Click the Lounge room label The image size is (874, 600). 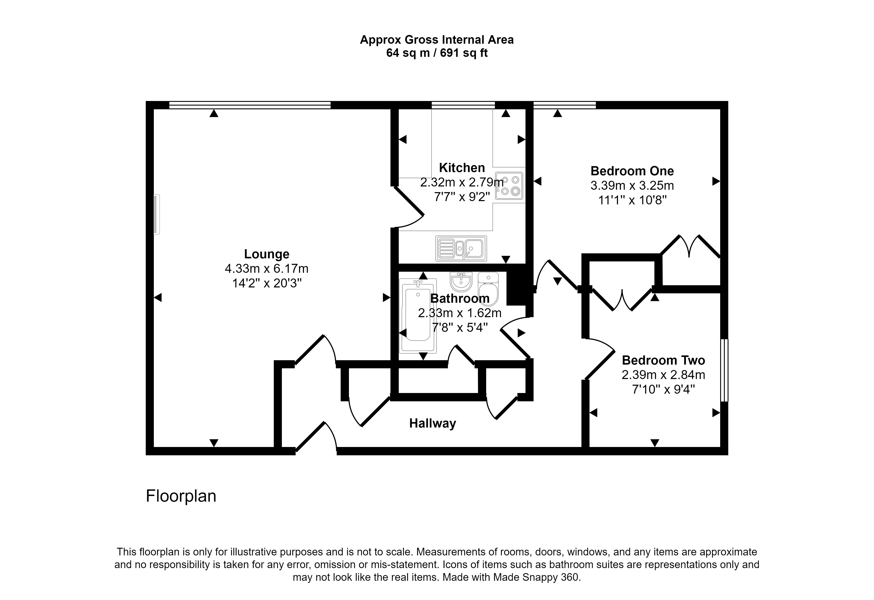[267, 254]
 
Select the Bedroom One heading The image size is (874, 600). [632, 171]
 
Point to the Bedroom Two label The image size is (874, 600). [663, 360]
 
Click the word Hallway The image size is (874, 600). [432, 424]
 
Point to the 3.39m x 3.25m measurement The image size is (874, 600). [632, 185]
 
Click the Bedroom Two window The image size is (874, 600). [724, 370]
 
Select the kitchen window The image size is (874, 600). [463, 105]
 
